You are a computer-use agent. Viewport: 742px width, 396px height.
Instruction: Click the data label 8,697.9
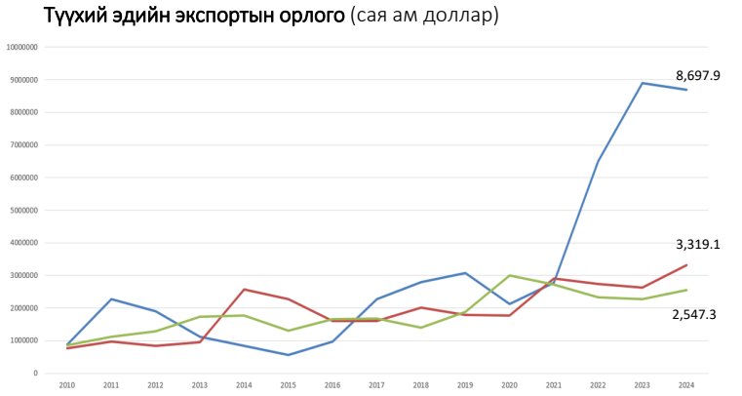pos(696,75)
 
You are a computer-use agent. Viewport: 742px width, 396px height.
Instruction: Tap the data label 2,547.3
pos(696,314)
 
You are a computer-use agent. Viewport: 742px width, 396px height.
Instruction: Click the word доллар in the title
pos(455,18)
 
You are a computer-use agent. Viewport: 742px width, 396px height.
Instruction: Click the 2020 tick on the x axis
pos(510,385)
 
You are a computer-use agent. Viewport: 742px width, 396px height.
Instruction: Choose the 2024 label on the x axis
pos(687,385)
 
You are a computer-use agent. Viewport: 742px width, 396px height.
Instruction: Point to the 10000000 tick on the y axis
pos(21,47)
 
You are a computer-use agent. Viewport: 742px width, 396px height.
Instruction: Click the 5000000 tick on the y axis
pos(22,210)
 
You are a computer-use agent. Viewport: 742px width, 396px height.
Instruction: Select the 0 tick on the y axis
pos(35,373)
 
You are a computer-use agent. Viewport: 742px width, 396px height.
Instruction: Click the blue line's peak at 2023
pos(643,83)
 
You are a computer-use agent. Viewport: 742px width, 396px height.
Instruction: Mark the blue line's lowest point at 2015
pos(288,355)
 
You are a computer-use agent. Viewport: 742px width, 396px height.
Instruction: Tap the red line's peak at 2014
pos(244,289)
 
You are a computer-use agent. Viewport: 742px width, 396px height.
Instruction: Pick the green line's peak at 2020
pos(510,275)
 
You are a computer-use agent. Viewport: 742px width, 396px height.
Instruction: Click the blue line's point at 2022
pos(598,161)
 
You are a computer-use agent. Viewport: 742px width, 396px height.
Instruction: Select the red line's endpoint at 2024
pos(686,264)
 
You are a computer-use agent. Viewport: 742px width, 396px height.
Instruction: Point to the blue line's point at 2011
pos(111,298)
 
